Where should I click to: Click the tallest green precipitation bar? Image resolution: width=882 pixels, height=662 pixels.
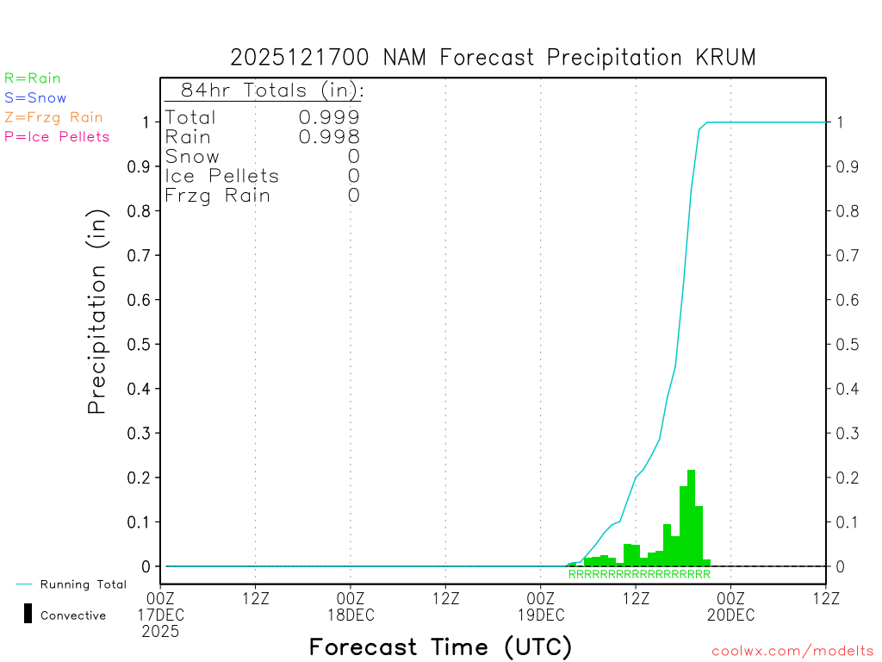691,517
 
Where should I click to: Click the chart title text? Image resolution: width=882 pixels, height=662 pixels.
493,58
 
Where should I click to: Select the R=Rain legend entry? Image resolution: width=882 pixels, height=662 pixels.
33,78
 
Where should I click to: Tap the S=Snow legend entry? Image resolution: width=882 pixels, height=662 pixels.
35,98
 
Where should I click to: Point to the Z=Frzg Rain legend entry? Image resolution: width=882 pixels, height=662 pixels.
53,117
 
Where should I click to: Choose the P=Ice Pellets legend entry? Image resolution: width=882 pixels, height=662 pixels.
57,136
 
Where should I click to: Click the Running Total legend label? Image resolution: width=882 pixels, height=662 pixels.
83,584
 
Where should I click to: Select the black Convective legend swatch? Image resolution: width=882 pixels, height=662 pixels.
28,614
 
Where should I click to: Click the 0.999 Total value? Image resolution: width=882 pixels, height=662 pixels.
329,117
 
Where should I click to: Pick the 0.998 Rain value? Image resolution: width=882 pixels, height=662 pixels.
329,137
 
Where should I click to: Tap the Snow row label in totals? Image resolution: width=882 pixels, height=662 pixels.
192,157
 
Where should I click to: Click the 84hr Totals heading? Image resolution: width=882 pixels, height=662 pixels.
271,91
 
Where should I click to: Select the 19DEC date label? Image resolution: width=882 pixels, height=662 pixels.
540,615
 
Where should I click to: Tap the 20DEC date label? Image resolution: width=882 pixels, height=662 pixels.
730,615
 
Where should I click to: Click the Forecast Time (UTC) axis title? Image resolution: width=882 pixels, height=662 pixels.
440,646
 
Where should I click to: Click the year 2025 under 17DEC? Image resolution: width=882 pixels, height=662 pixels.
161,632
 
